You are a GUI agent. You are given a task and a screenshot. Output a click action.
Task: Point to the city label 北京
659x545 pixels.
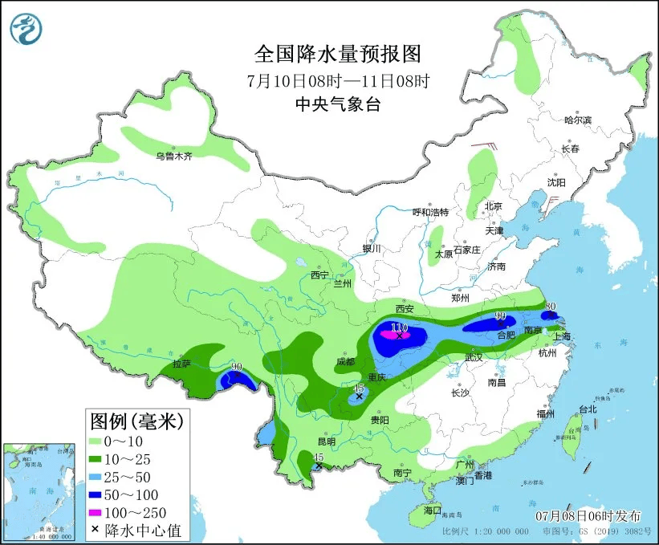click(493, 206)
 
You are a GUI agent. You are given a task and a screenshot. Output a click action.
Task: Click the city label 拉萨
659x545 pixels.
click(182, 364)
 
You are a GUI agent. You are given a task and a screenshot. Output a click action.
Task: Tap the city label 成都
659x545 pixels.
click(345, 361)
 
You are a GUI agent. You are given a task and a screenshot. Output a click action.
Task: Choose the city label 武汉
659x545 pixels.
click(475, 357)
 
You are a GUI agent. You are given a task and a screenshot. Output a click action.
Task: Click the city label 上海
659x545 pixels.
click(562, 337)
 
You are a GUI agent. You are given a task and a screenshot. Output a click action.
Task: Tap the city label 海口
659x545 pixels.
click(433, 510)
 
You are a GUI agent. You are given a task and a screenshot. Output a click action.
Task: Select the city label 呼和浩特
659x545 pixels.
click(430, 212)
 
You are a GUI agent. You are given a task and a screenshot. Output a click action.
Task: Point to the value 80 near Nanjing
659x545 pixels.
click(551, 306)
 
